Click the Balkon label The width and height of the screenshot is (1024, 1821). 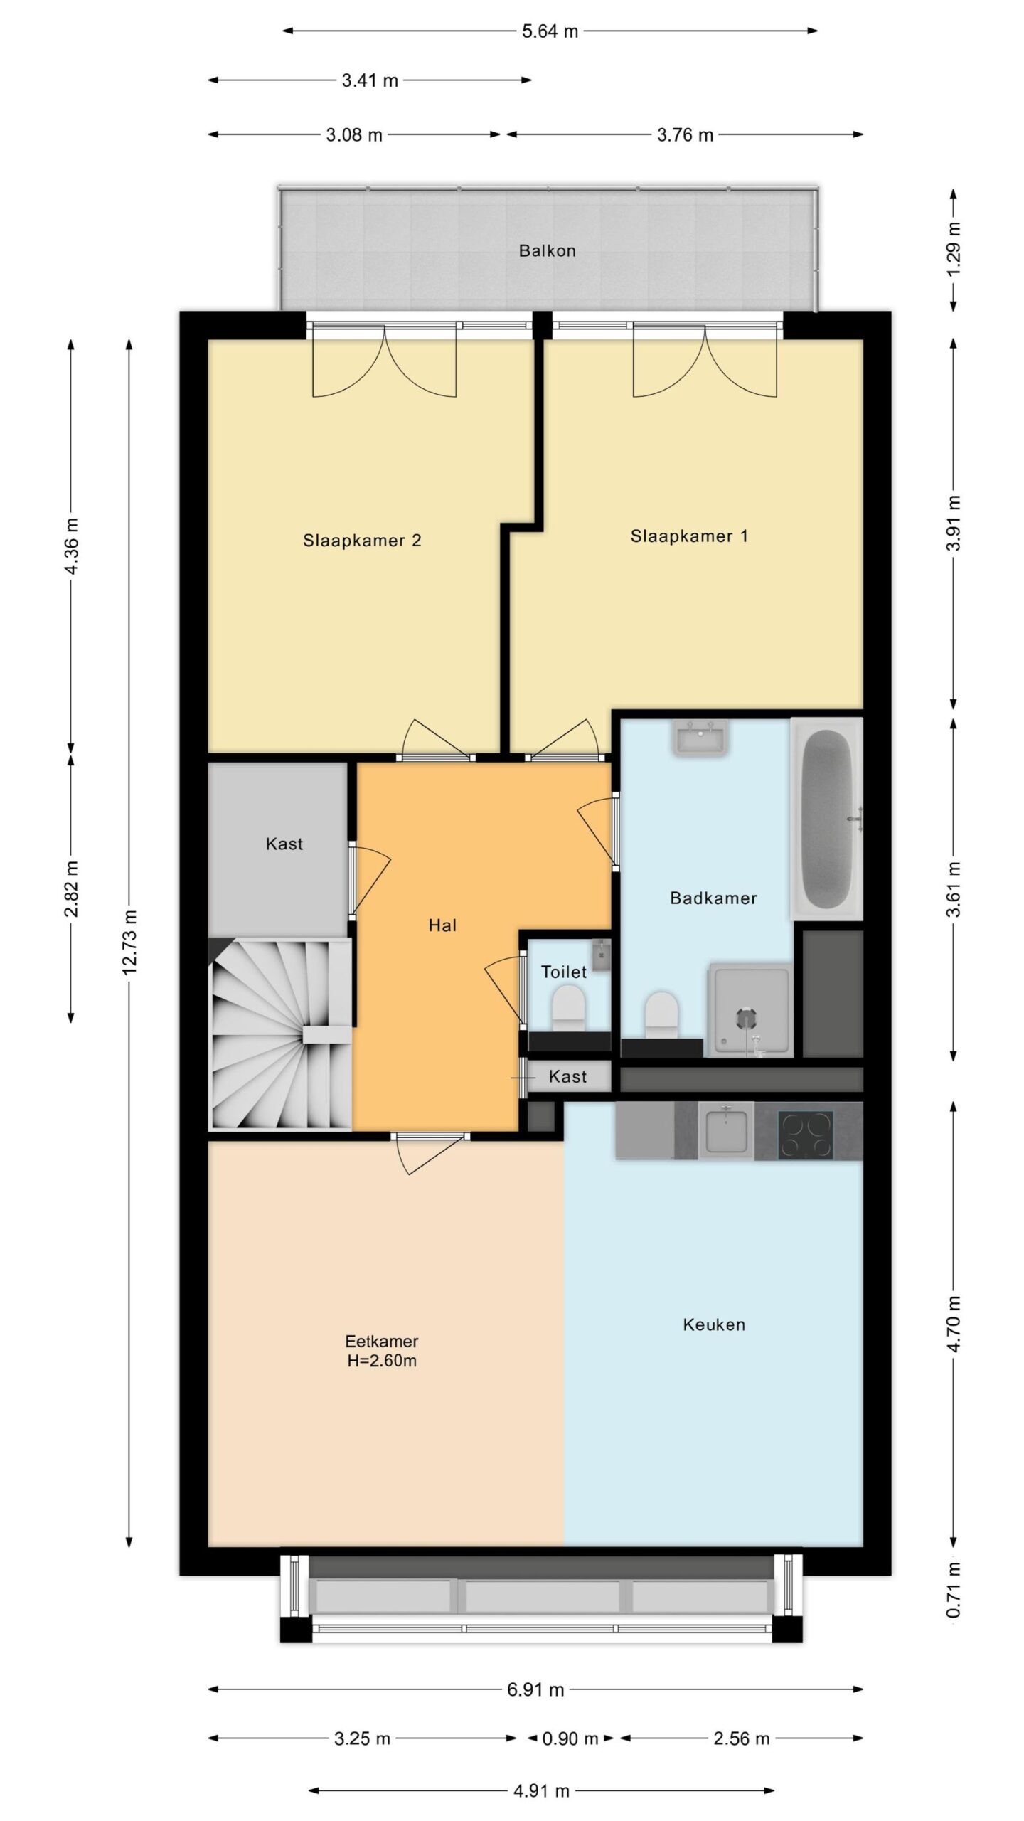tap(547, 250)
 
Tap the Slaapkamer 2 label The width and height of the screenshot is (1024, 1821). tap(362, 541)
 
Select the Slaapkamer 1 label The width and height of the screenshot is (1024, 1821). tap(689, 536)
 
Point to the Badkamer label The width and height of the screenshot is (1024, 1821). tap(713, 898)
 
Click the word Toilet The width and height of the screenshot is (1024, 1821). tap(564, 972)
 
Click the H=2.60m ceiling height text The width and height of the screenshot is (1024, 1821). tap(381, 1361)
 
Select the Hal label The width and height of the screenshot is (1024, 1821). tap(442, 925)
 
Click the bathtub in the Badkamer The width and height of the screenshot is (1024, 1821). tap(827, 819)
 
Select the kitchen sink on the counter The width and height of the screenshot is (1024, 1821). tap(725, 1130)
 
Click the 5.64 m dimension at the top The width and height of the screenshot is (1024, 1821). tap(550, 31)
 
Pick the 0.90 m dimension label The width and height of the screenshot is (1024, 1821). tap(570, 1739)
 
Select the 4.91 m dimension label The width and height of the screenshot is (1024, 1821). tap(541, 1791)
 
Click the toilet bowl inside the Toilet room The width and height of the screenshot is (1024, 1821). tap(567, 1012)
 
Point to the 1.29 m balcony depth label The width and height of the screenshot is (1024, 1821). tap(954, 249)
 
